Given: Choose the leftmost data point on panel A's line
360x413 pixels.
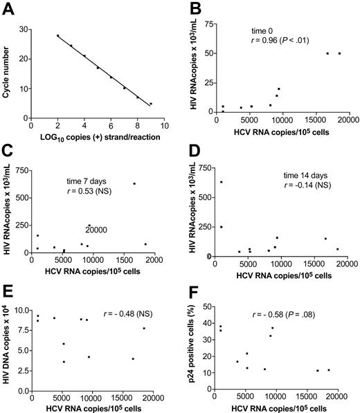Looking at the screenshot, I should (x=57, y=35).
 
